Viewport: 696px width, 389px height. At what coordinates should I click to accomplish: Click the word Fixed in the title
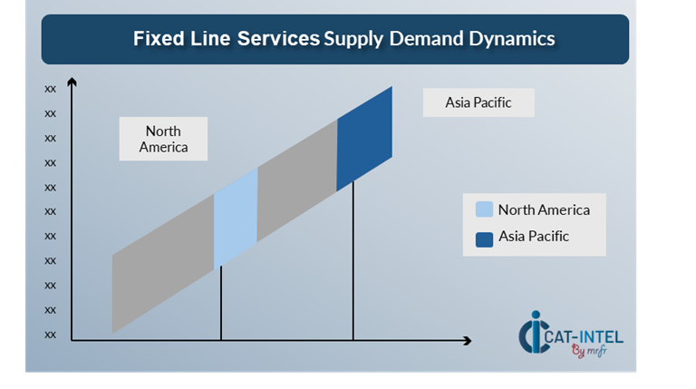[157, 38]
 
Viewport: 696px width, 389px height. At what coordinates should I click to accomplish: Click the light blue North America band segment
[236, 219]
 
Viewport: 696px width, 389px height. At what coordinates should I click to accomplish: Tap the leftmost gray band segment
[163, 263]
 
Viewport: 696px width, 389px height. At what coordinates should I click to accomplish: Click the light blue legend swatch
[485, 209]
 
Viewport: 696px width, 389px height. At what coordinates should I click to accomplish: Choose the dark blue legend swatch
[485, 238]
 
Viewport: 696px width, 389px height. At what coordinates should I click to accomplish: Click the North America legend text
[544, 209]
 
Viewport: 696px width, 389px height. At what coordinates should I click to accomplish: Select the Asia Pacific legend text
[534, 237]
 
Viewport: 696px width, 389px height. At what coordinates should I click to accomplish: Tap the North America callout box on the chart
[163, 139]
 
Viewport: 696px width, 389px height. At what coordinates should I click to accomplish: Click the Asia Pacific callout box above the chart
[478, 102]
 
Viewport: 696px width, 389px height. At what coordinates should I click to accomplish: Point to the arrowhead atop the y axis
[72, 84]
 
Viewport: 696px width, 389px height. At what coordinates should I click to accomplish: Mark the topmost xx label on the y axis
[51, 89]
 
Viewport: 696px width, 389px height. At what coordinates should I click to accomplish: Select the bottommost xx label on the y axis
[51, 334]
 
